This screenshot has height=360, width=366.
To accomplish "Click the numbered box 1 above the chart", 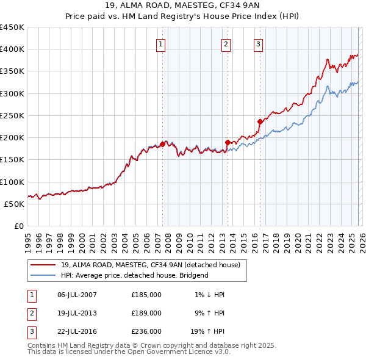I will coord(160,44).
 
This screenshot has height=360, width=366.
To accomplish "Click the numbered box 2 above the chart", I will coord(226,44).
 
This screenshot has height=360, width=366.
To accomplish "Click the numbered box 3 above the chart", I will coord(258,44).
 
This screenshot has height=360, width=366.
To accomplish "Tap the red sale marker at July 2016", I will coord(260,121).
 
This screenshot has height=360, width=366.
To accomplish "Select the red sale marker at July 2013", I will coord(228,142).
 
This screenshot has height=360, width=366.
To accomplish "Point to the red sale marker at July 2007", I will coord(162,144).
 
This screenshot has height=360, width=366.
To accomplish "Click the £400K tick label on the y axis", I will coord(12,49).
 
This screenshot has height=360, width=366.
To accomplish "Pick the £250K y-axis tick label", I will coord(12,115).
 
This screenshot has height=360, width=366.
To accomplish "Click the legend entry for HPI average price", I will coord(134,275).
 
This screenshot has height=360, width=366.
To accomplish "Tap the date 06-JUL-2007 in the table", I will coord(77,295).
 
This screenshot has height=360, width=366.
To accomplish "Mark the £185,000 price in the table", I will coord(146,295).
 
